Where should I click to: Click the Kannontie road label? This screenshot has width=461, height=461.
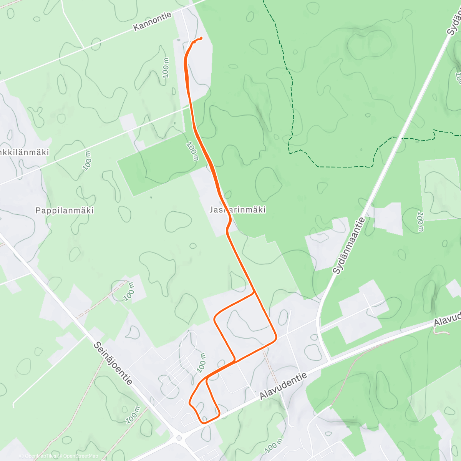(153, 22)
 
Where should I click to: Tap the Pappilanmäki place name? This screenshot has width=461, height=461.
(65, 211)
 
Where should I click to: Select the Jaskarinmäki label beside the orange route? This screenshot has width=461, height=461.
(238, 210)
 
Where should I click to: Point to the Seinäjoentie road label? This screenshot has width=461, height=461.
(113, 363)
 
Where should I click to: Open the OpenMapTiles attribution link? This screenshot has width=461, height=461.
(38, 456)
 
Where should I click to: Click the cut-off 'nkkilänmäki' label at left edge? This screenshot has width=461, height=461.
(25, 152)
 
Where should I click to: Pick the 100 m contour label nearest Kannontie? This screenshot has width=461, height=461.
(166, 68)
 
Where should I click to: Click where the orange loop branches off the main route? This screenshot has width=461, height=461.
(254, 293)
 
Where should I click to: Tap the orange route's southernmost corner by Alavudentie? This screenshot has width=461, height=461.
(203, 423)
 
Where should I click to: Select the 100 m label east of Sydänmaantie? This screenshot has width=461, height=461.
(420, 221)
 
